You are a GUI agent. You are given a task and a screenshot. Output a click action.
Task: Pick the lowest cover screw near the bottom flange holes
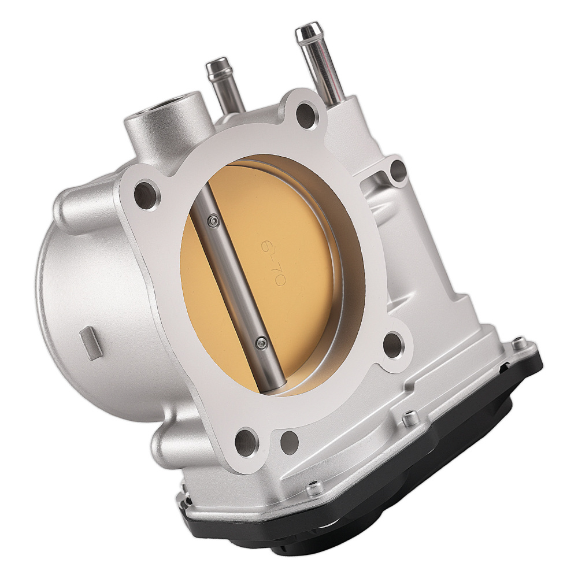[x=316, y=488]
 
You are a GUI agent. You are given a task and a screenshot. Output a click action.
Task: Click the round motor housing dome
[x=87, y=289]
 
